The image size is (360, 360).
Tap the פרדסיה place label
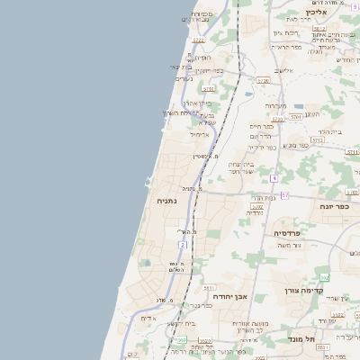click(289, 233)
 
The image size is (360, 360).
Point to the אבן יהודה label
click(229, 295)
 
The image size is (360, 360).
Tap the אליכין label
click(315, 12)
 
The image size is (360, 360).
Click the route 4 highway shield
click(274, 178)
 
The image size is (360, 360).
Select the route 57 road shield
click(284, 194)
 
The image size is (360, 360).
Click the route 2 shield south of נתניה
click(183, 244)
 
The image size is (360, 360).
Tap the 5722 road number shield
click(198, 40)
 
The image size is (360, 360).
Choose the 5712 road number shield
click(317, 140)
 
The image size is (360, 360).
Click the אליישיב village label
click(285, 70)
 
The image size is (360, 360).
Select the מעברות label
click(275, 105)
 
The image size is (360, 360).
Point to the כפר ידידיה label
click(261, 147)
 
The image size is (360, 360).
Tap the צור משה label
click(291, 246)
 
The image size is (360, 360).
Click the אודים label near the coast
click(148, 319)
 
